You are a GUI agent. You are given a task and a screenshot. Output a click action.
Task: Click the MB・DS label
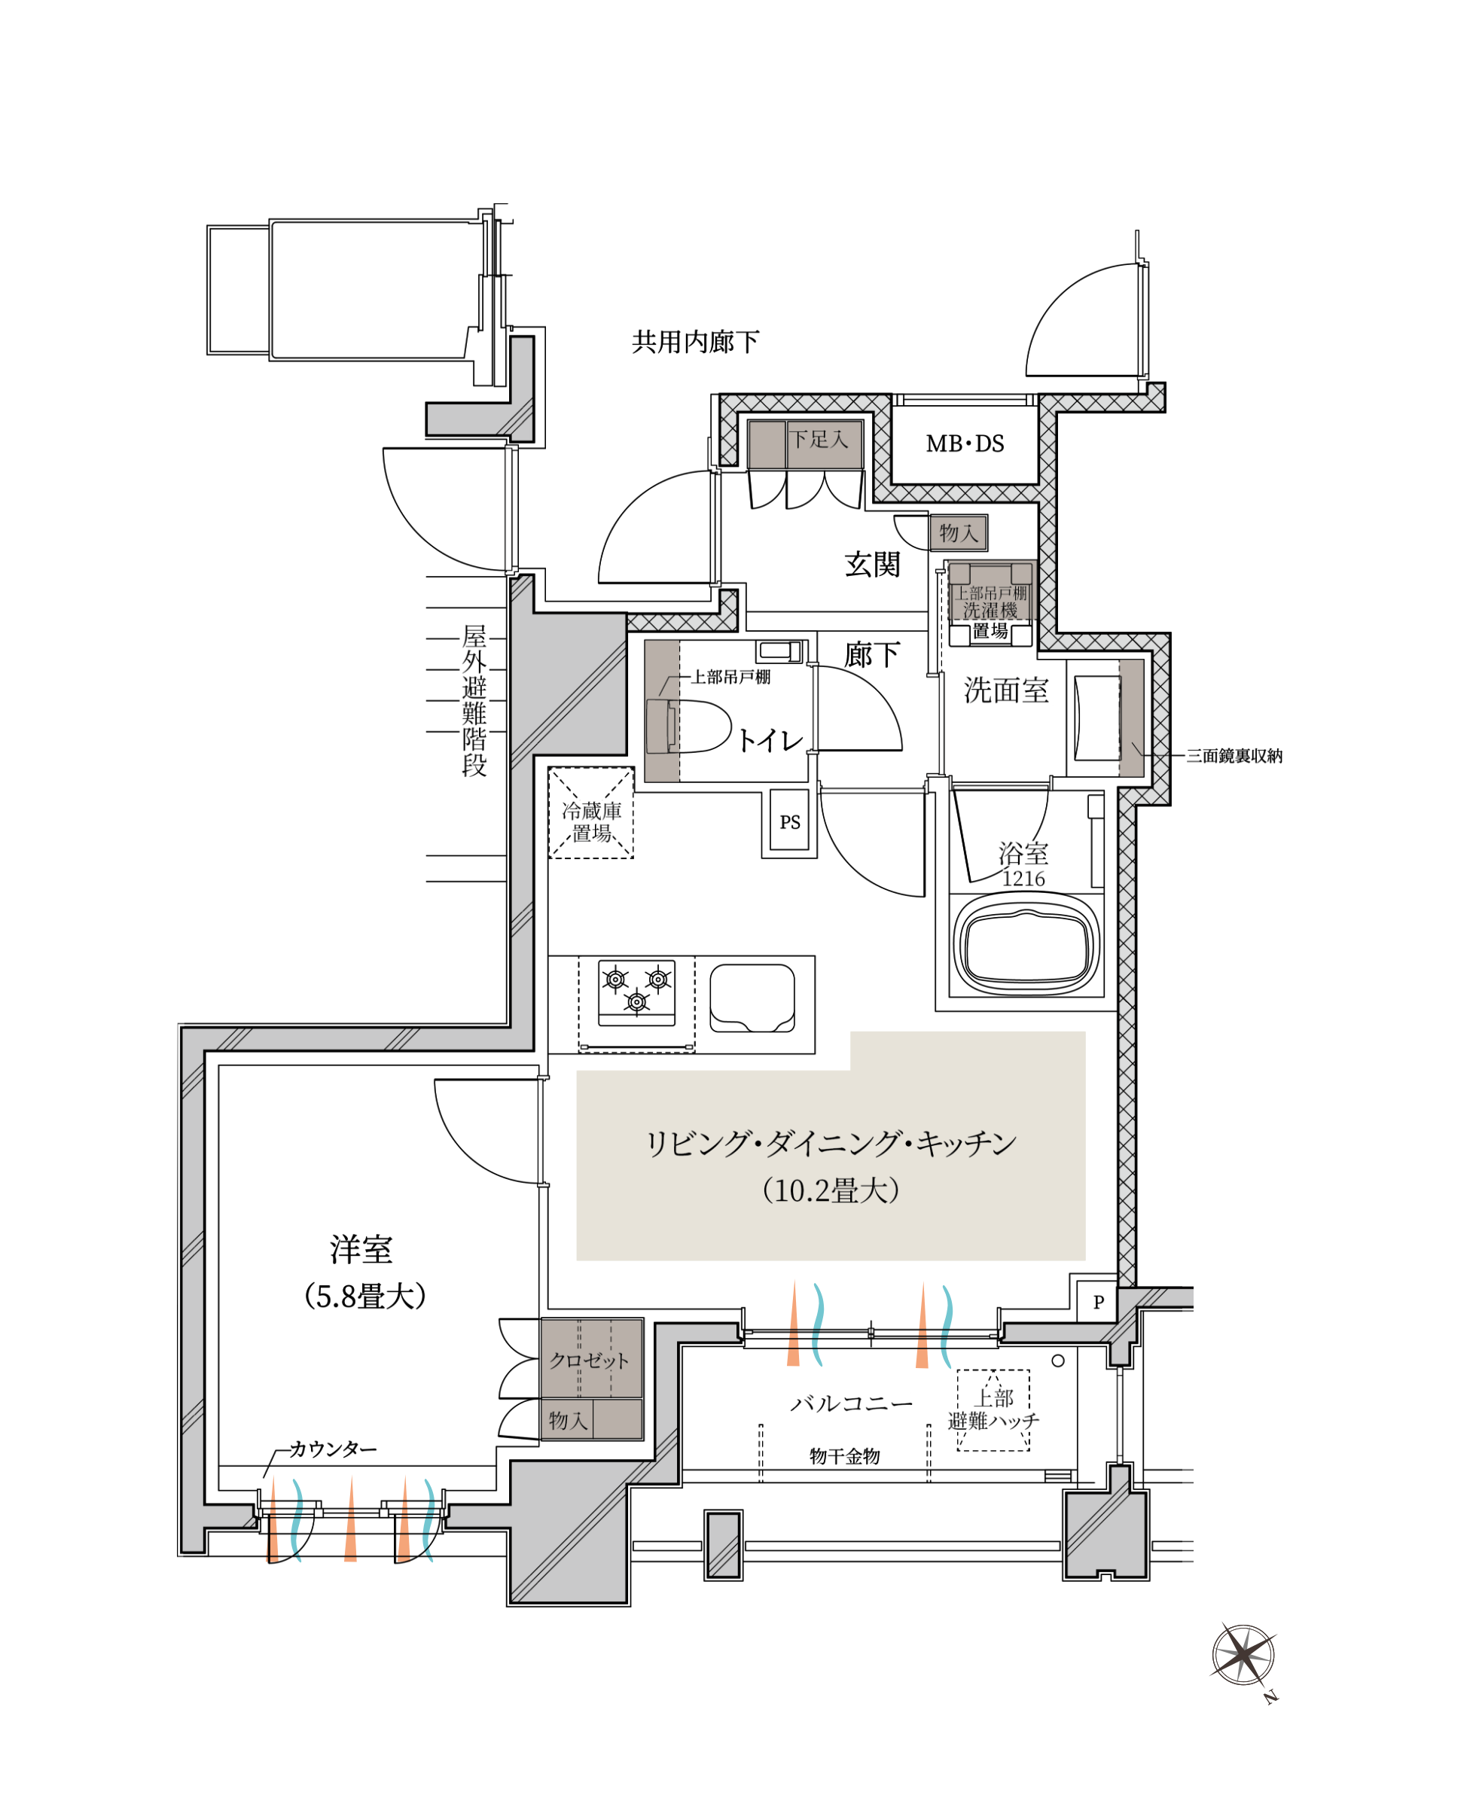point(965,443)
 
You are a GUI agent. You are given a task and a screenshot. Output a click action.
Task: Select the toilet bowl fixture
point(689,726)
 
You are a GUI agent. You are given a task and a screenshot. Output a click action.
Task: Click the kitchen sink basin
point(752,997)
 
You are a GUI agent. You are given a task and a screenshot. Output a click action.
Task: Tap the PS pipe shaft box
point(790,822)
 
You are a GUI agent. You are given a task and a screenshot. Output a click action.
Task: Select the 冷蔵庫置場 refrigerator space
point(591,812)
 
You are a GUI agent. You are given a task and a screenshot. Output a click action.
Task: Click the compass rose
point(1244,1655)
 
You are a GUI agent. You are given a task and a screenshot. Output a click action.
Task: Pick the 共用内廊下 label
point(696,342)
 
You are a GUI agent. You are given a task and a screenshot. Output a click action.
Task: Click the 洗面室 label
point(1006,690)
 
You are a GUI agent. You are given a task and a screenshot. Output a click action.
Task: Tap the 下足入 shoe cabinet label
point(818,439)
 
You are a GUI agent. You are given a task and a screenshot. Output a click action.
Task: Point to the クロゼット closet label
point(589,1360)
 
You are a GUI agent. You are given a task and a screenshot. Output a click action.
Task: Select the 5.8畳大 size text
point(364,1297)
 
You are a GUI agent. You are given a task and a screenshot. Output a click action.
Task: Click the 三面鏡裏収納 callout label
point(1234,756)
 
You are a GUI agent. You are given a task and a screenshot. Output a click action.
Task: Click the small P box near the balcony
point(1099,1301)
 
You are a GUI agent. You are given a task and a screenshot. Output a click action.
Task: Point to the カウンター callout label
point(332,1449)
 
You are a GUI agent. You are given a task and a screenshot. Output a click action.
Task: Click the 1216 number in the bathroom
point(1023,879)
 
